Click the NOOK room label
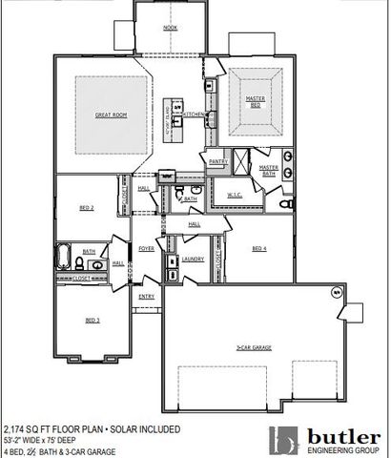171,29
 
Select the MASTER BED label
255,102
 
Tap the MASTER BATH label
269,170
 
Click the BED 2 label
86,207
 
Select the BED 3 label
93,320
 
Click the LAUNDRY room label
194,259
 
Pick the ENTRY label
147,297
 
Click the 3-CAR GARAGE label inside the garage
255,348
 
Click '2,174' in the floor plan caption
17,430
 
